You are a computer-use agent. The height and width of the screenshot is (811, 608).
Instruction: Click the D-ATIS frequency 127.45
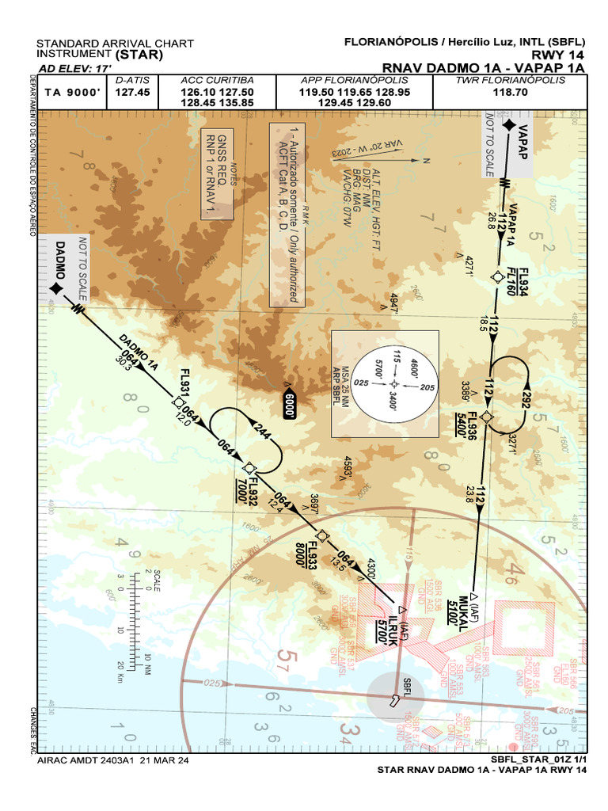[x=133, y=93]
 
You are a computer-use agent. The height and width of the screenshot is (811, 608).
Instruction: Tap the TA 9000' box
[x=73, y=93]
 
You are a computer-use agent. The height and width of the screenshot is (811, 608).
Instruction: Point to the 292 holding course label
[x=524, y=400]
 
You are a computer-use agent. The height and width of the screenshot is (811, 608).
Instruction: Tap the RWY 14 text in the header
[x=558, y=55]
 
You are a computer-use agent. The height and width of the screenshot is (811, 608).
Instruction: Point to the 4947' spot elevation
[x=393, y=303]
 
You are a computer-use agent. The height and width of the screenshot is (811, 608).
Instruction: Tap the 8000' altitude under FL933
[x=301, y=553]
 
